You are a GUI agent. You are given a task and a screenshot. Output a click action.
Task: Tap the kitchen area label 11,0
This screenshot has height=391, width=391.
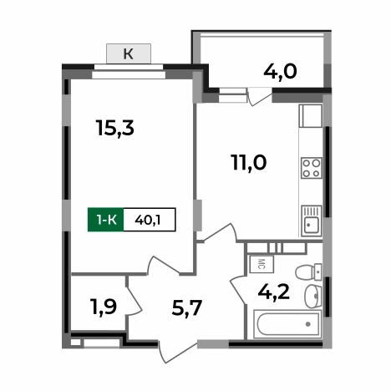point(248,162)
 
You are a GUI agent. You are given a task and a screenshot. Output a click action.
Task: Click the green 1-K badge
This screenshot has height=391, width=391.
point(105,219)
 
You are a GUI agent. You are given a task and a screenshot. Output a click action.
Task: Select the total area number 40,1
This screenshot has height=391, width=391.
point(149,219)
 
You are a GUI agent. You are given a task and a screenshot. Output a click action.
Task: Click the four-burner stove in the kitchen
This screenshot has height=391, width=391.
point(312,167)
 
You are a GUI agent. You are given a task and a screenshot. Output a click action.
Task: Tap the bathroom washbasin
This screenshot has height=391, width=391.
point(312,295)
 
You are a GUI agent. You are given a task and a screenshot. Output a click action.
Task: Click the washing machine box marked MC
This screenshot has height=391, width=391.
point(259,264)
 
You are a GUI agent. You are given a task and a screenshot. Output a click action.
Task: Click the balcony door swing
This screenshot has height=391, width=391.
point(259,98)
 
